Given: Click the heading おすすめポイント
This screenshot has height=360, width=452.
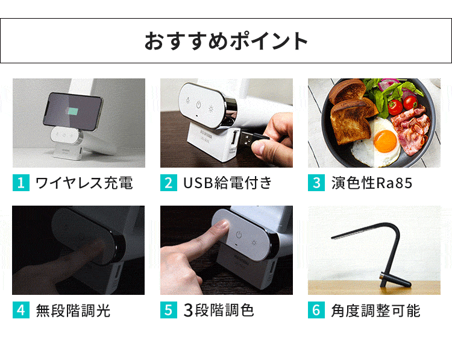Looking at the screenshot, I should point(226,41).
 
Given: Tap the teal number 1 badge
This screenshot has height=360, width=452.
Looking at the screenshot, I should point(20,183).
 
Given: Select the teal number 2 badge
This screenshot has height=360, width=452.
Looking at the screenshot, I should point(168,183).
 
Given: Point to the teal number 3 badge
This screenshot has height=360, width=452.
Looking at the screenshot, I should point(316,183).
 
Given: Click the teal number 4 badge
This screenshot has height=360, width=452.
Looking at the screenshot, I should point(20,311).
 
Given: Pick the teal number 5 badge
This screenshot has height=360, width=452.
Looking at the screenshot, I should point(168,311).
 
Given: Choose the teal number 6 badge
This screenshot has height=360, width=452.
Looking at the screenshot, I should point(316,311).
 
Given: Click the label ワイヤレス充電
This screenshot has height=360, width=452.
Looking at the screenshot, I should point(84,183).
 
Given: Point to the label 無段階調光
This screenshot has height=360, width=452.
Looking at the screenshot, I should point(73,311).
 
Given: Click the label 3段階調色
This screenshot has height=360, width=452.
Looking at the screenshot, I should point(218,311).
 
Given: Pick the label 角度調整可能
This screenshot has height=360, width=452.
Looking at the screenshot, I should point(375,311).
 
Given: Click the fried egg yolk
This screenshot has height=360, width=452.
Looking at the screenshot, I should point(383,143).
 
